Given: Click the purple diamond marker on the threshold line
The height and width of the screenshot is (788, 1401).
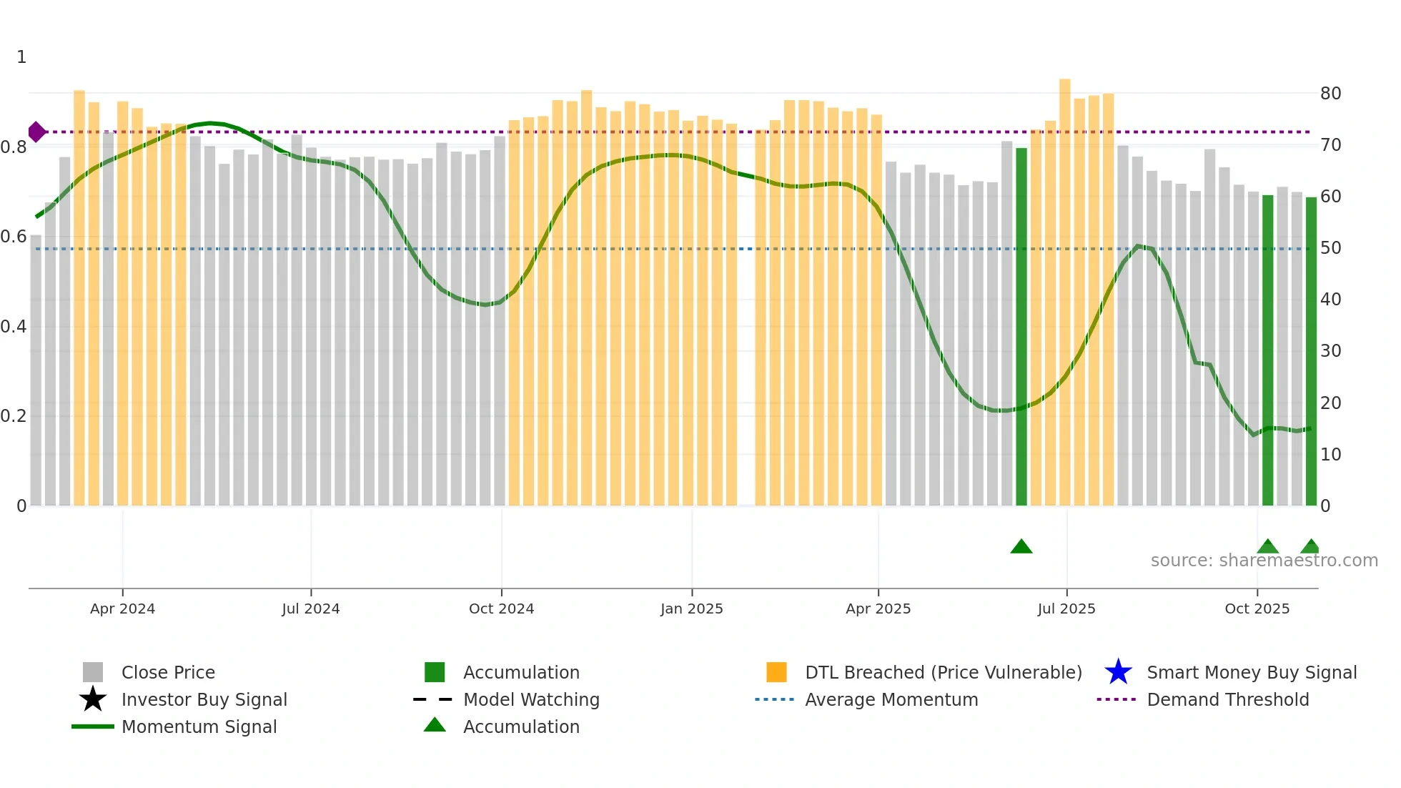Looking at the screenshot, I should point(36,132).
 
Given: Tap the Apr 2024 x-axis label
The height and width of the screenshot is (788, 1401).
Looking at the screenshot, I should point(122,609).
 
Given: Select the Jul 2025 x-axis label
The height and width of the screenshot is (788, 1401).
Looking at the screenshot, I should point(1066,609).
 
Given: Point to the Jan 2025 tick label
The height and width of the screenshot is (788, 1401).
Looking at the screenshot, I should point(691,609).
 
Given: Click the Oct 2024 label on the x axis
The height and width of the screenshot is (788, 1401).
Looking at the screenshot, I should point(501,609).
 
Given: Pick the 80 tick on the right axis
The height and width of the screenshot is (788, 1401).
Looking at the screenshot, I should point(1330,94).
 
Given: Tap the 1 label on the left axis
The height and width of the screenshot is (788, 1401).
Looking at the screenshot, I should point(21,57).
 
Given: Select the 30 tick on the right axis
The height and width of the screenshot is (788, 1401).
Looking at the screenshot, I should point(1330,351).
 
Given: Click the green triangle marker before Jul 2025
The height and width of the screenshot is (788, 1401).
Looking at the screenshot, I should point(1021,547).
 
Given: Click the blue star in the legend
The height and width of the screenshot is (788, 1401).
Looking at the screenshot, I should point(1118,672).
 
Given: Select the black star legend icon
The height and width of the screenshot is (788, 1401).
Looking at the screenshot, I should point(93,699).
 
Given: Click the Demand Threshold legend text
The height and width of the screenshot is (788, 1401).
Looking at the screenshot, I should point(1227,699).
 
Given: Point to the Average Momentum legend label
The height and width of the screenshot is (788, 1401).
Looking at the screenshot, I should point(891,699).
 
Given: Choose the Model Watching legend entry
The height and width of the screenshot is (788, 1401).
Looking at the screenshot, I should point(531,699).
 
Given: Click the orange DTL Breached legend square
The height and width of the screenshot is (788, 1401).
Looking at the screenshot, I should point(776,672).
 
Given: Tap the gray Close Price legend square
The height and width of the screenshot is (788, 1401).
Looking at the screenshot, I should point(93,672).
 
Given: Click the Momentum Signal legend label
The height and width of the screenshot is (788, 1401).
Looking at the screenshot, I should point(199,727).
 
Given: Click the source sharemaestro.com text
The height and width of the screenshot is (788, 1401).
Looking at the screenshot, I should point(1264,561).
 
